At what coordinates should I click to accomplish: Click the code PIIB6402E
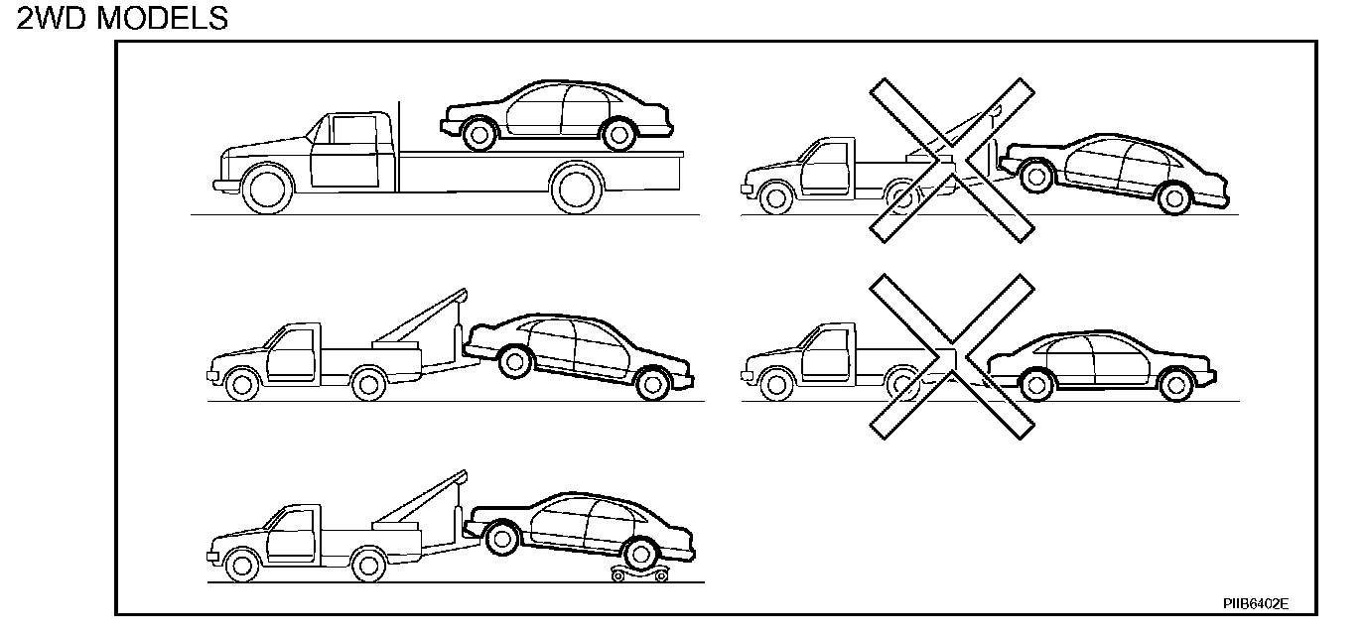point(1255,602)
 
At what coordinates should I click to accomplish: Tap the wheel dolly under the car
point(637,573)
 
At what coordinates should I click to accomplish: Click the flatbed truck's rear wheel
point(577,188)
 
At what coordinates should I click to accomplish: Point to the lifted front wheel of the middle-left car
point(514,361)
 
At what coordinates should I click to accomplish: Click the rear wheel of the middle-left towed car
point(651,383)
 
